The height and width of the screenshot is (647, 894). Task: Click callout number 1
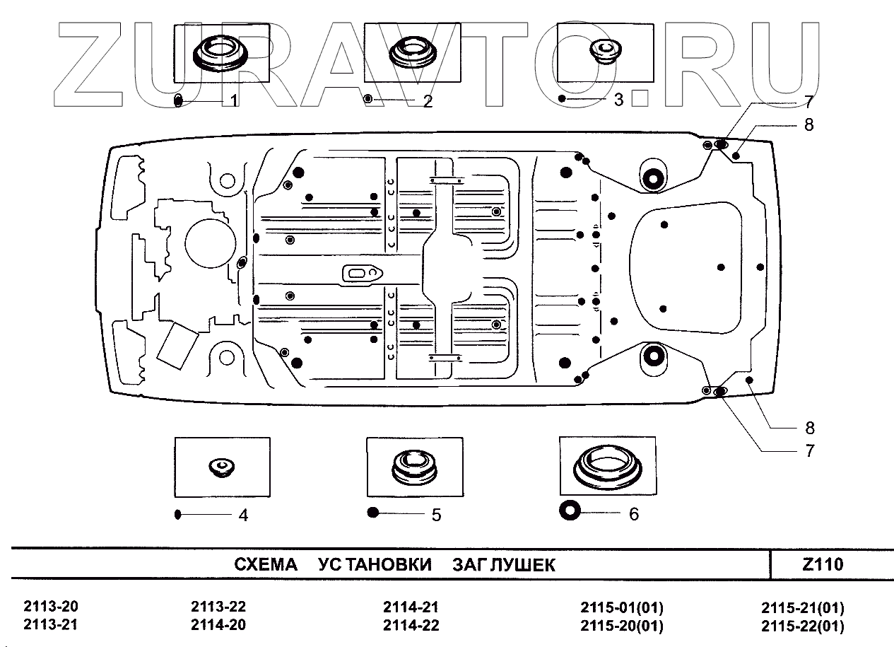tap(234, 100)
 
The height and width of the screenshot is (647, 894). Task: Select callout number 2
tap(428, 100)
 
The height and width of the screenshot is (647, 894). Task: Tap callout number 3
tap(618, 100)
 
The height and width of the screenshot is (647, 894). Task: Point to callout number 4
tap(243, 515)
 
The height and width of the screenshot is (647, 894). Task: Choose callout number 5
tap(436, 515)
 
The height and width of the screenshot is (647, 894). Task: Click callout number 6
tap(633, 514)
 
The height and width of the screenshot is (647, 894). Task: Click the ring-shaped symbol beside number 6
tap(570, 510)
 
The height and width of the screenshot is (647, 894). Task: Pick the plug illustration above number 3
tap(603, 50)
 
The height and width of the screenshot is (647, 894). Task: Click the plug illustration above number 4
tap(221, 467)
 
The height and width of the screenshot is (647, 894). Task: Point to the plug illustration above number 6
tap(606, 466)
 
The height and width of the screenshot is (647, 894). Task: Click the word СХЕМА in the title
tap(266, 565)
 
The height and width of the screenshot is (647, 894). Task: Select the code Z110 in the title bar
tap(823, 564)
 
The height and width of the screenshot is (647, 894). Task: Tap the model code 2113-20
tap(51, 607)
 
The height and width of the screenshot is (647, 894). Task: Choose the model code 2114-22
tap(411, 625)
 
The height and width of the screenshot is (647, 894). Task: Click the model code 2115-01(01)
tap(622, 607)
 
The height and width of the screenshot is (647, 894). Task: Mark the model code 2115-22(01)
tap(803, 626)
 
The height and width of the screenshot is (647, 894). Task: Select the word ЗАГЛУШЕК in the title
tap(504, 565)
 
